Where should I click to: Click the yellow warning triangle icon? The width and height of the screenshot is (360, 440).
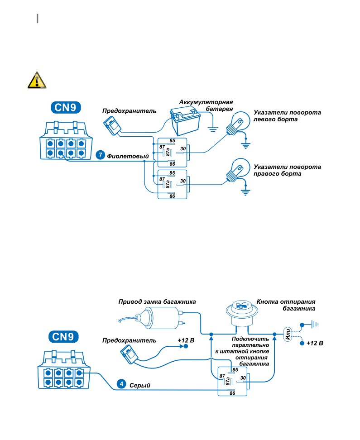click(37, 81)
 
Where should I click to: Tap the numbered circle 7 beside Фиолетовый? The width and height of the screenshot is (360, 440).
click(100, 155)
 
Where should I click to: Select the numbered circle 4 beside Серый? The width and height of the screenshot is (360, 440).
click(121, 384)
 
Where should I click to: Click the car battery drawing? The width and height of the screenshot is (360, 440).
click(185, 122)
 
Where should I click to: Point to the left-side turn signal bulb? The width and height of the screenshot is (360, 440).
click(238, 124)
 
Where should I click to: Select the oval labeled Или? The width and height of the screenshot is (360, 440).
click(288, 334)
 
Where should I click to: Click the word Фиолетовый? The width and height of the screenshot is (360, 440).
click(128, 156)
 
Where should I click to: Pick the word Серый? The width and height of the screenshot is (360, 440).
click(140, 385)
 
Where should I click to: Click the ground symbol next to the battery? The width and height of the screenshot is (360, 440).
click(213, 129)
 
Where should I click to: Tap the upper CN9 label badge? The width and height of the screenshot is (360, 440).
click(66, 107)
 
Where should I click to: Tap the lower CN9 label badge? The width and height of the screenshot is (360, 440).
click(63, 337)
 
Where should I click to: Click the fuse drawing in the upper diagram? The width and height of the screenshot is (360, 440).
click(112, 126)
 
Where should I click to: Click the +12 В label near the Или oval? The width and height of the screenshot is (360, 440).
click(315, 343)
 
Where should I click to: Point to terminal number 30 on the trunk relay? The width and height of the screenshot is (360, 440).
click(243, 378)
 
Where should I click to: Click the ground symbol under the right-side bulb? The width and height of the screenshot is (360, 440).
click(245, 192)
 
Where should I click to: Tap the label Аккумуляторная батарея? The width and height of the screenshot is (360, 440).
click(206, 105)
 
